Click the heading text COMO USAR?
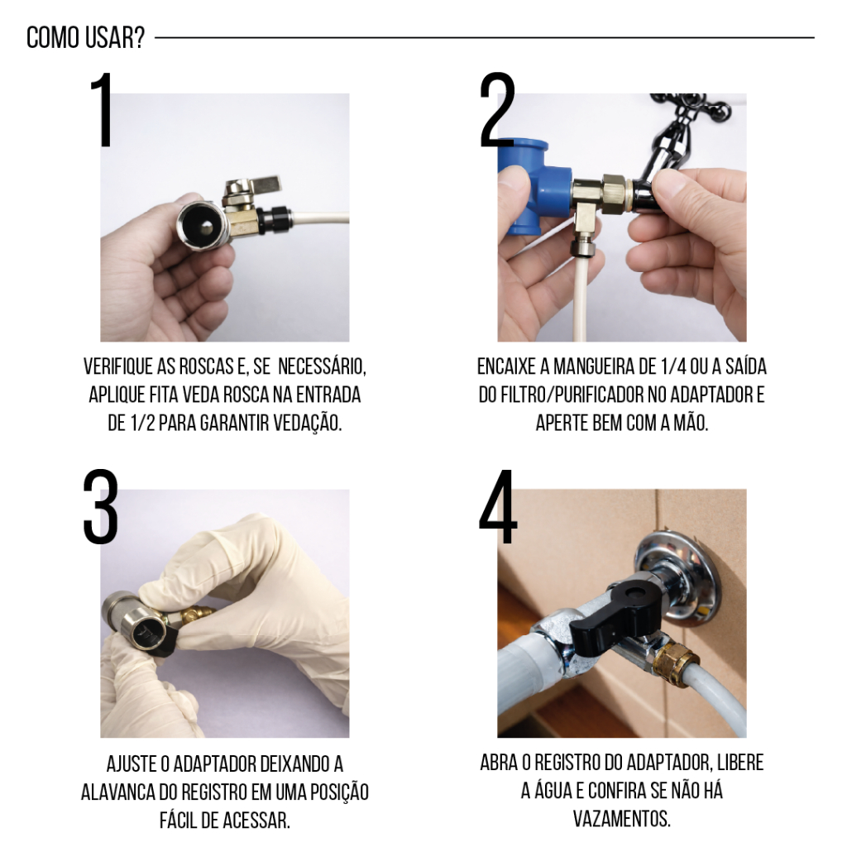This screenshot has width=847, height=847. point(86,38)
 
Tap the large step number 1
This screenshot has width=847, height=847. point(103,110)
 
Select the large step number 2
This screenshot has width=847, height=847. point(497,110)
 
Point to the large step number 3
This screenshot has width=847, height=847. point(100,507)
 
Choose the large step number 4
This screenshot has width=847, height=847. point(498,507)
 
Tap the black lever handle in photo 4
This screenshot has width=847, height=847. point(616,615)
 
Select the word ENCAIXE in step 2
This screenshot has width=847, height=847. point(505,366)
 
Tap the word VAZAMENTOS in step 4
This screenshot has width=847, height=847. point(622,819)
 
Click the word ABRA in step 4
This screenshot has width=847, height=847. point(499,763)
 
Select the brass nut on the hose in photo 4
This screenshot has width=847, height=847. point(676,661)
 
